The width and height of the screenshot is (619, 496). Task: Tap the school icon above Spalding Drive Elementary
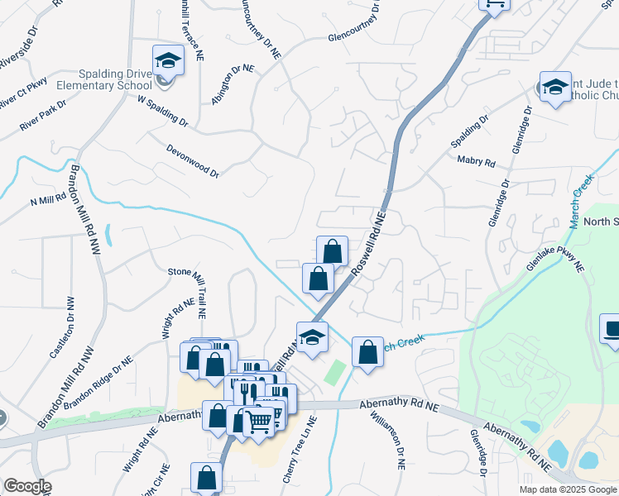(167, 60)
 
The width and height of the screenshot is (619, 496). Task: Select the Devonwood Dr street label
(192, 162)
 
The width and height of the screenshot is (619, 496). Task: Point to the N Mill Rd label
(47, 200)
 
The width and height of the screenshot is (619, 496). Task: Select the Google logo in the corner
(27, 487)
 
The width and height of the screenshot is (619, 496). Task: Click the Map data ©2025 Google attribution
(567, 489)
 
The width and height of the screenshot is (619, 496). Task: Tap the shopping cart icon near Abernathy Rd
(258, 421)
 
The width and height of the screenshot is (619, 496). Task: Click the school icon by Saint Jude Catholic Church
(554, 86)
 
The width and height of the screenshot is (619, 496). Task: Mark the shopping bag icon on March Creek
(367, 352)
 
